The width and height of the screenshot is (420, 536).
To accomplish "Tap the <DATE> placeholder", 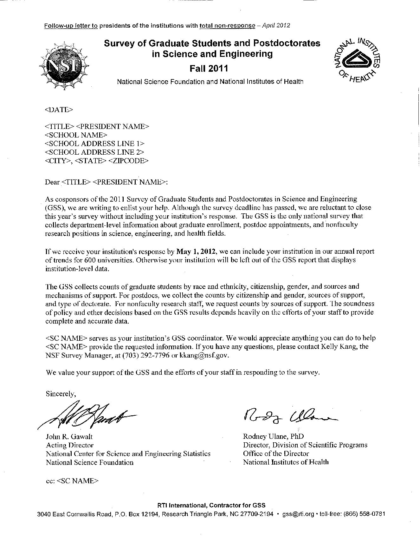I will pos(59,110).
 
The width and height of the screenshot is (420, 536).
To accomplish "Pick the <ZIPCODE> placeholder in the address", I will pos(128,161).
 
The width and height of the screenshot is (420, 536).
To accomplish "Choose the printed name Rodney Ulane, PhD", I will pos(273,436).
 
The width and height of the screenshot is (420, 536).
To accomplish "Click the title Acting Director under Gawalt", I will pos(70,445).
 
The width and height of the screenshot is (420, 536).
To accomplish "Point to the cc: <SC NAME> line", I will pos(72,481).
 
